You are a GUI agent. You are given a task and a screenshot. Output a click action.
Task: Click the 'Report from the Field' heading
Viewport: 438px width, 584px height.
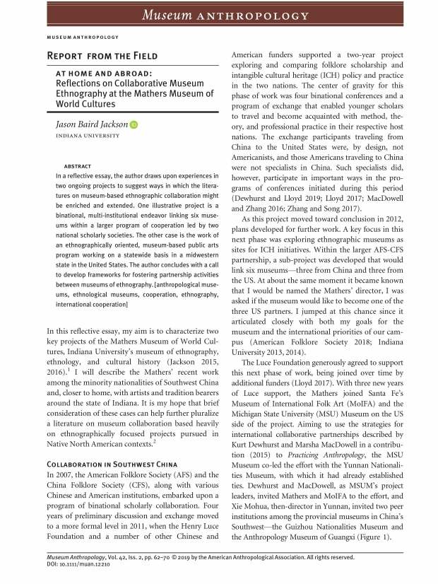click(102, 55)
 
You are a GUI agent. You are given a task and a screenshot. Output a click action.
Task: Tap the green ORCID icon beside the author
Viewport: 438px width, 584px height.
click(134, 125)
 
